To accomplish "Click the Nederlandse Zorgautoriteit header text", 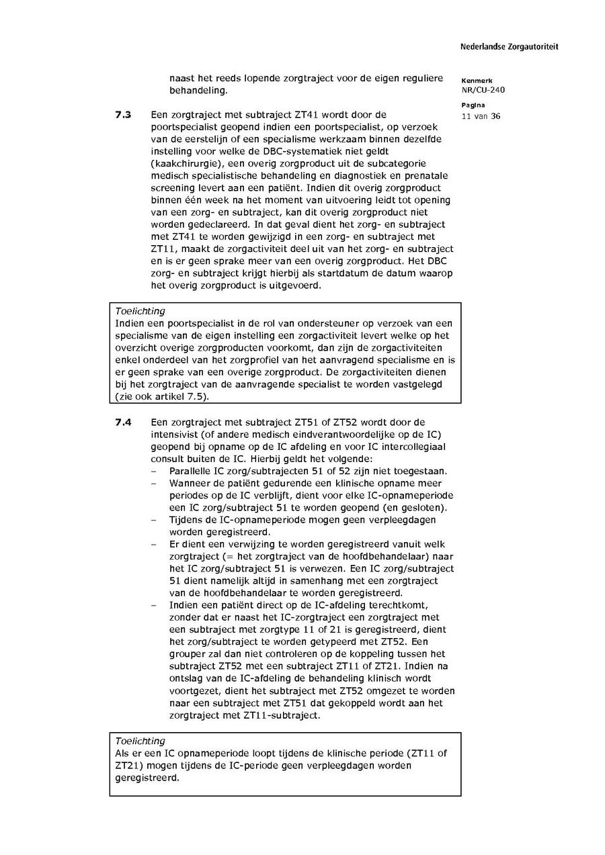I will [509, 47].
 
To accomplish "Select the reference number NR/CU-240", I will [483, 90].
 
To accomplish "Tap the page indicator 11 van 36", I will [481, 116].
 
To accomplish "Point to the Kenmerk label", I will [477, 80].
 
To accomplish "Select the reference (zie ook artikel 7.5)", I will [162, 396].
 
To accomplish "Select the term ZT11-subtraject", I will [282, 715].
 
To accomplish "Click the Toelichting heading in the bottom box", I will [140, 741].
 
